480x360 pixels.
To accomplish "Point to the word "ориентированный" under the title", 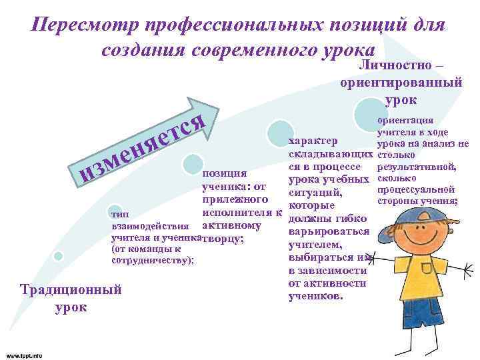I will click(401, 84).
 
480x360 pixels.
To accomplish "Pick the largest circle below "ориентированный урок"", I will click(369, 111).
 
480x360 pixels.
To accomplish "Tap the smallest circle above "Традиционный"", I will click(58, 256).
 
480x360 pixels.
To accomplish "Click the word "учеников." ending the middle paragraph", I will click(314, 295).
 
